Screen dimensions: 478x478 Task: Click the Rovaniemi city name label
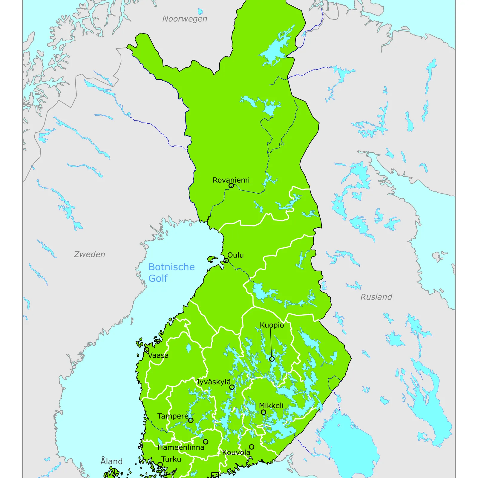click(x=231, y=180)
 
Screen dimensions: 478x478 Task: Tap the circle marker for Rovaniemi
click(x=231, y=186)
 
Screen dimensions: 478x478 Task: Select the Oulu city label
click(x=235, y=255)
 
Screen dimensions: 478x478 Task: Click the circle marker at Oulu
click(x=226, y=261)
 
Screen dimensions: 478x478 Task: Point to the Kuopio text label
click(x=272, y=325)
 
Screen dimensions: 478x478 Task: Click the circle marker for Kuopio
click(x=272, y=359)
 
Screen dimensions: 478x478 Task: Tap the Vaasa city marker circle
click(x=147, y=349)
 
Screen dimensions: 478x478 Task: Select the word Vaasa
click(x=158, y=355)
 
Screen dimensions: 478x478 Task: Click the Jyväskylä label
click(x=213, y=382)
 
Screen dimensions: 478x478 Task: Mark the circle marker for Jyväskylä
click(x=232, y=387)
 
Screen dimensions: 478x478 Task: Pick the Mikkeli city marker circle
click(x=263, y=412)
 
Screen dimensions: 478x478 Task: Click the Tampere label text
click(x=173, y=416)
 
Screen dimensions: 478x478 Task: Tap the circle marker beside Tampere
click(x=191, y=420)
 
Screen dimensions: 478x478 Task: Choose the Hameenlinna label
click(x=181, y=448)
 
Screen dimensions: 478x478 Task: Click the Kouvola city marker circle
click(x=252, y=447)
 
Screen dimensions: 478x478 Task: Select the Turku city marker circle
click(x=160, y=465)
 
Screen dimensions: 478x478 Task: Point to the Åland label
click(x=111, y=461)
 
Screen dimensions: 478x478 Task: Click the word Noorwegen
click(x=185, y=19)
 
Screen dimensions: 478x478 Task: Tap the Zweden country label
click(x=89, y=254)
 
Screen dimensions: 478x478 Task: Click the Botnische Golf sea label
click(x=171, y=272)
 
